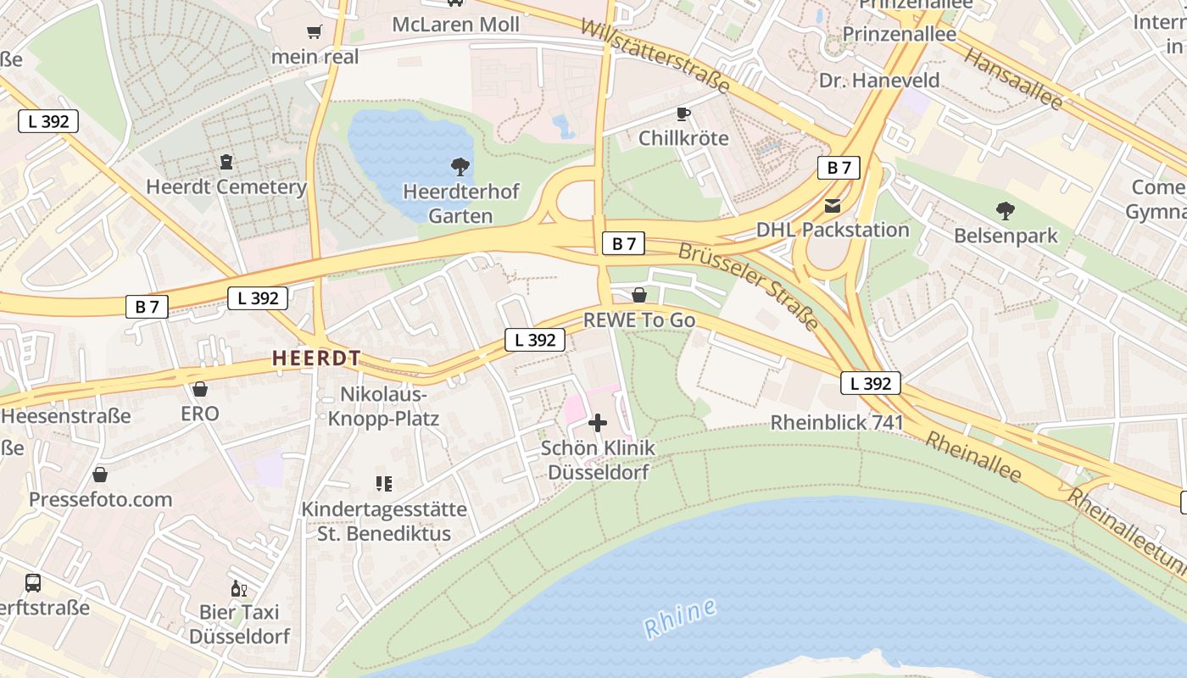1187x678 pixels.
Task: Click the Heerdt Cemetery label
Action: pos(226,187)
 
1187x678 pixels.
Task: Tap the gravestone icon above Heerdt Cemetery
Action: pos(226,161)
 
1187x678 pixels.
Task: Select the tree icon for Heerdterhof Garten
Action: pos(460,166)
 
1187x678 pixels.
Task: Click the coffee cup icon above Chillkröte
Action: pos(683,114)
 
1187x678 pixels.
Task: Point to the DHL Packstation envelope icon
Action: pos(832,205)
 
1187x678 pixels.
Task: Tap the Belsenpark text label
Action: pos(1006,236)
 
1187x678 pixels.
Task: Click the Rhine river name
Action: pos(680,619)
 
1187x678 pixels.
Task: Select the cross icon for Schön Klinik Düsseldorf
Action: pos(598,422)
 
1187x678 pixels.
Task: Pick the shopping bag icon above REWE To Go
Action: pos(639,295)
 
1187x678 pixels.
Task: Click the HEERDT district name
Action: pos(316,358)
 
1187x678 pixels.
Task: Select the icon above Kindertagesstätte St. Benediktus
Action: pos(384,484)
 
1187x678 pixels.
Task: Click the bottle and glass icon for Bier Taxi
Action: pos(239,588)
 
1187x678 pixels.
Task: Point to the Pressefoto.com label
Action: pos(101,499)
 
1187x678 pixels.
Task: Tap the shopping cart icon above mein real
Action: pos(315,32)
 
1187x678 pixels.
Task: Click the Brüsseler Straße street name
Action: pos(749,286)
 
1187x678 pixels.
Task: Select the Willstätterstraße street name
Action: pos(655,55)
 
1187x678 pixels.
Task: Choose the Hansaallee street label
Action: pos(1013,78)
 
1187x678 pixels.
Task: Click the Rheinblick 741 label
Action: pos(837,422)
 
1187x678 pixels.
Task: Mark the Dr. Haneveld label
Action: pos(879,81)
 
